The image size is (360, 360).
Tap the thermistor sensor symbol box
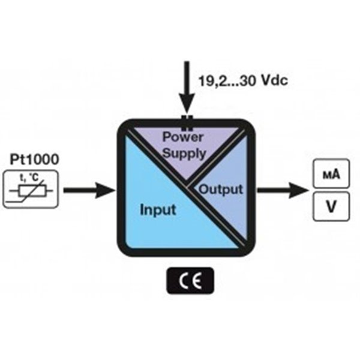30,189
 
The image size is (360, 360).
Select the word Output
221,190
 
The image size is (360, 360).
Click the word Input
158,210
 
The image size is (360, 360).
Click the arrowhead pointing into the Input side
108,191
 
